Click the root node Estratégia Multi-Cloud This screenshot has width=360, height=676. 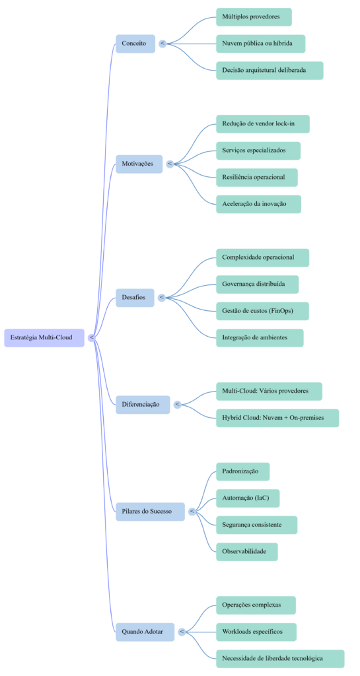pyautogui.click(x=44, y=337)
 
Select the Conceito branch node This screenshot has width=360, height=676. pyautogui.click(x=135, y=44)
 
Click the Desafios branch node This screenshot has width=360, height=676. pyautogui.click(x=135, y=298)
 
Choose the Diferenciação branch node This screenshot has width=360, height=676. pyautogui.click(x=142, y=404)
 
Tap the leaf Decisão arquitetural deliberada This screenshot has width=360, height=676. pyautogui.click(x=270, y=71)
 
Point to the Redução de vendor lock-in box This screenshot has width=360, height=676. pyautogui.click(x=262, y=124)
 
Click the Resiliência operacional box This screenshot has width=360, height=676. pyautogui.click(x=256, y=178)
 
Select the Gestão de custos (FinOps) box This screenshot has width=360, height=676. pyautogui.click(x=262, y=311)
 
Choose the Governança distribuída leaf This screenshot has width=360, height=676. pyautogui.click(x=257, y=284)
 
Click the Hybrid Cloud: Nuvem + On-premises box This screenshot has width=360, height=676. pyautogui.click(x=277, y=418)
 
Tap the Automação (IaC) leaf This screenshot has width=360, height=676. pyautogui.click(x=247, y=498)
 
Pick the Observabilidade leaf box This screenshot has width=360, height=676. pyautogui.click(x=246, y=552)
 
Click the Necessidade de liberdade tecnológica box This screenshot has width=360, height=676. pyautogui.click(x=279, y=658)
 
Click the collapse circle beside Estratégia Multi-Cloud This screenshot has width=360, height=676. pyautogui.click(x=91, y=337)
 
